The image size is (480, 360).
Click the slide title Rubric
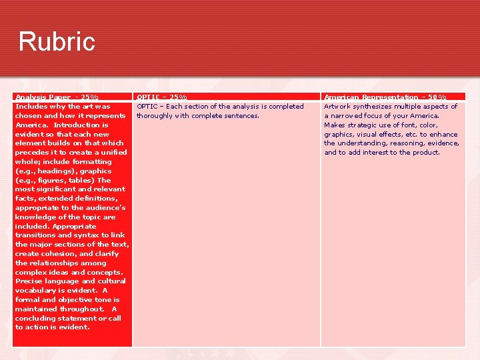[57, 41]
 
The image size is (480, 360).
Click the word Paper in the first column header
[58, 97]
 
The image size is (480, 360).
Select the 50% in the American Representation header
[437, 97]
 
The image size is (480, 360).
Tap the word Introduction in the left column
[77, 125]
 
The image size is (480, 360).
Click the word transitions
[37, 235]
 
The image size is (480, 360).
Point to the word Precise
[29, 281]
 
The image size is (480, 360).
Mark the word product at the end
[426, 152]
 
